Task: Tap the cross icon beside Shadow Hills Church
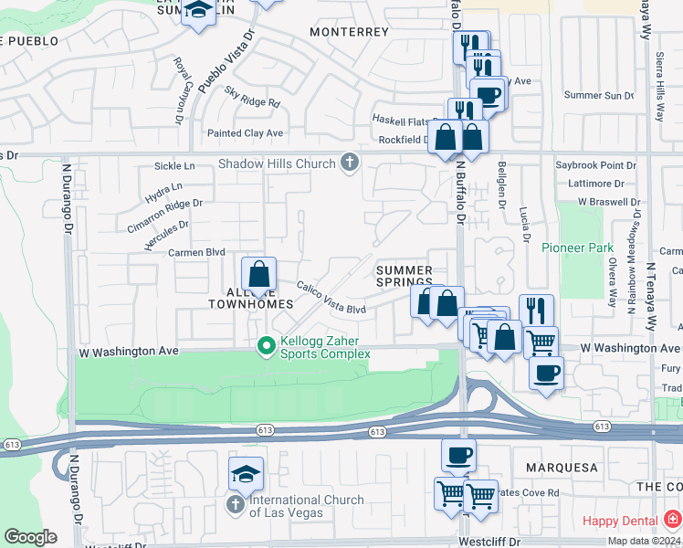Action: pyautogui.click(x=348, y=163)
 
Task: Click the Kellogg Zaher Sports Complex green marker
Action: pyautogui.click(x=266, y=346)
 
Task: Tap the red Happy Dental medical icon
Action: pyautogui.click(x=672, y=519)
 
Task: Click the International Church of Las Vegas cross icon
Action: pyautogui.click(x=235, y=504)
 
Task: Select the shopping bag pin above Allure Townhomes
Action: pyautogui.click(x=259, y=274)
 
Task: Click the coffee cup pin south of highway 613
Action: pyautogui.click(x=458, y=455)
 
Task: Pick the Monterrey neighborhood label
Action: pyautogui.click(x=349, y=31)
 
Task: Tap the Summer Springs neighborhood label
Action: pyautogui.click(x=405, y=276)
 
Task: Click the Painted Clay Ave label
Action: pyautogui.click(x=246, y=133)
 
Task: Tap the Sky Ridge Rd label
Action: pyautogui.click(x=252, y=98)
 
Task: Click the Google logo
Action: pyautogui.click(x=30, y=536)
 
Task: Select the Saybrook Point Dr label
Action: pyautogui.click(x=595, y=165)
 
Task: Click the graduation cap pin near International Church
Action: pyautogui.click(x=247, y=474)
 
